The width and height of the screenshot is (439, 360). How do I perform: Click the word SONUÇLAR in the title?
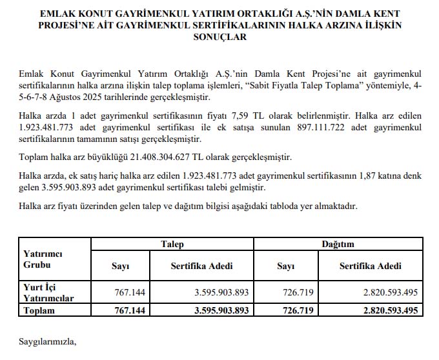tap(219, 37)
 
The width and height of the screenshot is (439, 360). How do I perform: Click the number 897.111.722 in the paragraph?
tap(300, 128)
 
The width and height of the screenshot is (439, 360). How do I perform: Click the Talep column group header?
tap(172, 244)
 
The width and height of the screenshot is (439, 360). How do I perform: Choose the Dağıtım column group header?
tap(338, 244)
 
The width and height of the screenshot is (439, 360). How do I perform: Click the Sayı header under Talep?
tap(121, 266)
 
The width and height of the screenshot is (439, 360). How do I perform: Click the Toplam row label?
tap(39, 310)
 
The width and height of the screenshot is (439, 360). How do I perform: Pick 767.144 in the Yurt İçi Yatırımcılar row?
tap(130, 292)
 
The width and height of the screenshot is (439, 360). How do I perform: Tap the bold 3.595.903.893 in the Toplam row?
tap(221, 310)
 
